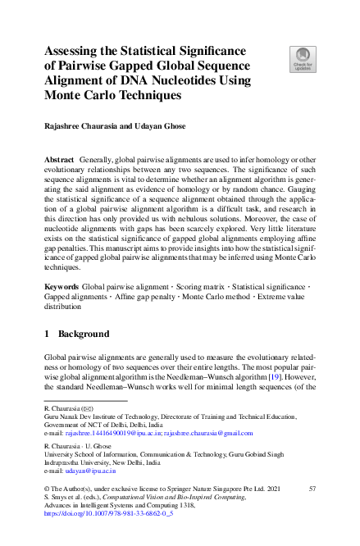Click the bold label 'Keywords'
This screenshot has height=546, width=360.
click(x=62, y=286)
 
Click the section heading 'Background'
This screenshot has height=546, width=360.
click(x=84, y=334)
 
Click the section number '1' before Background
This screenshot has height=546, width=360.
click(x=47, y=334)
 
